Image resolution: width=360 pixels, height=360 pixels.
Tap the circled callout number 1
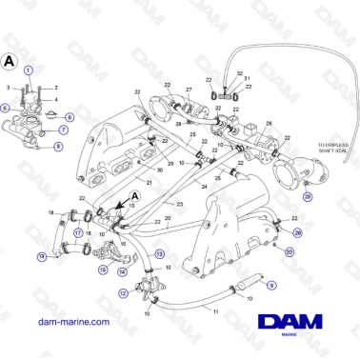coord(29,70)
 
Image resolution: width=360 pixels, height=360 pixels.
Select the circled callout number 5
coord(6,109)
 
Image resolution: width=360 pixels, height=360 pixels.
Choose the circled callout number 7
coord(64,130)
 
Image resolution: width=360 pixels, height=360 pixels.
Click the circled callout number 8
coord(58,147)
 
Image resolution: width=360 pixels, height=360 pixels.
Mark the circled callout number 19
coord(42,256)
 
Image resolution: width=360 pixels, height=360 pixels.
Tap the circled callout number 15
coord(102,270)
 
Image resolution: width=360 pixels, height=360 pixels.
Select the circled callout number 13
coord(160,253)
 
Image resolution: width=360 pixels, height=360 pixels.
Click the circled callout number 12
coord(123,293)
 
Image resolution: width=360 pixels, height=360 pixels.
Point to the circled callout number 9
coord(270,284)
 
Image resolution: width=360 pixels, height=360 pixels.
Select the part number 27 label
coord(189,90)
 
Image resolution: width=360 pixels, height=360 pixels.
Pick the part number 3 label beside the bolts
coord(10,88)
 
